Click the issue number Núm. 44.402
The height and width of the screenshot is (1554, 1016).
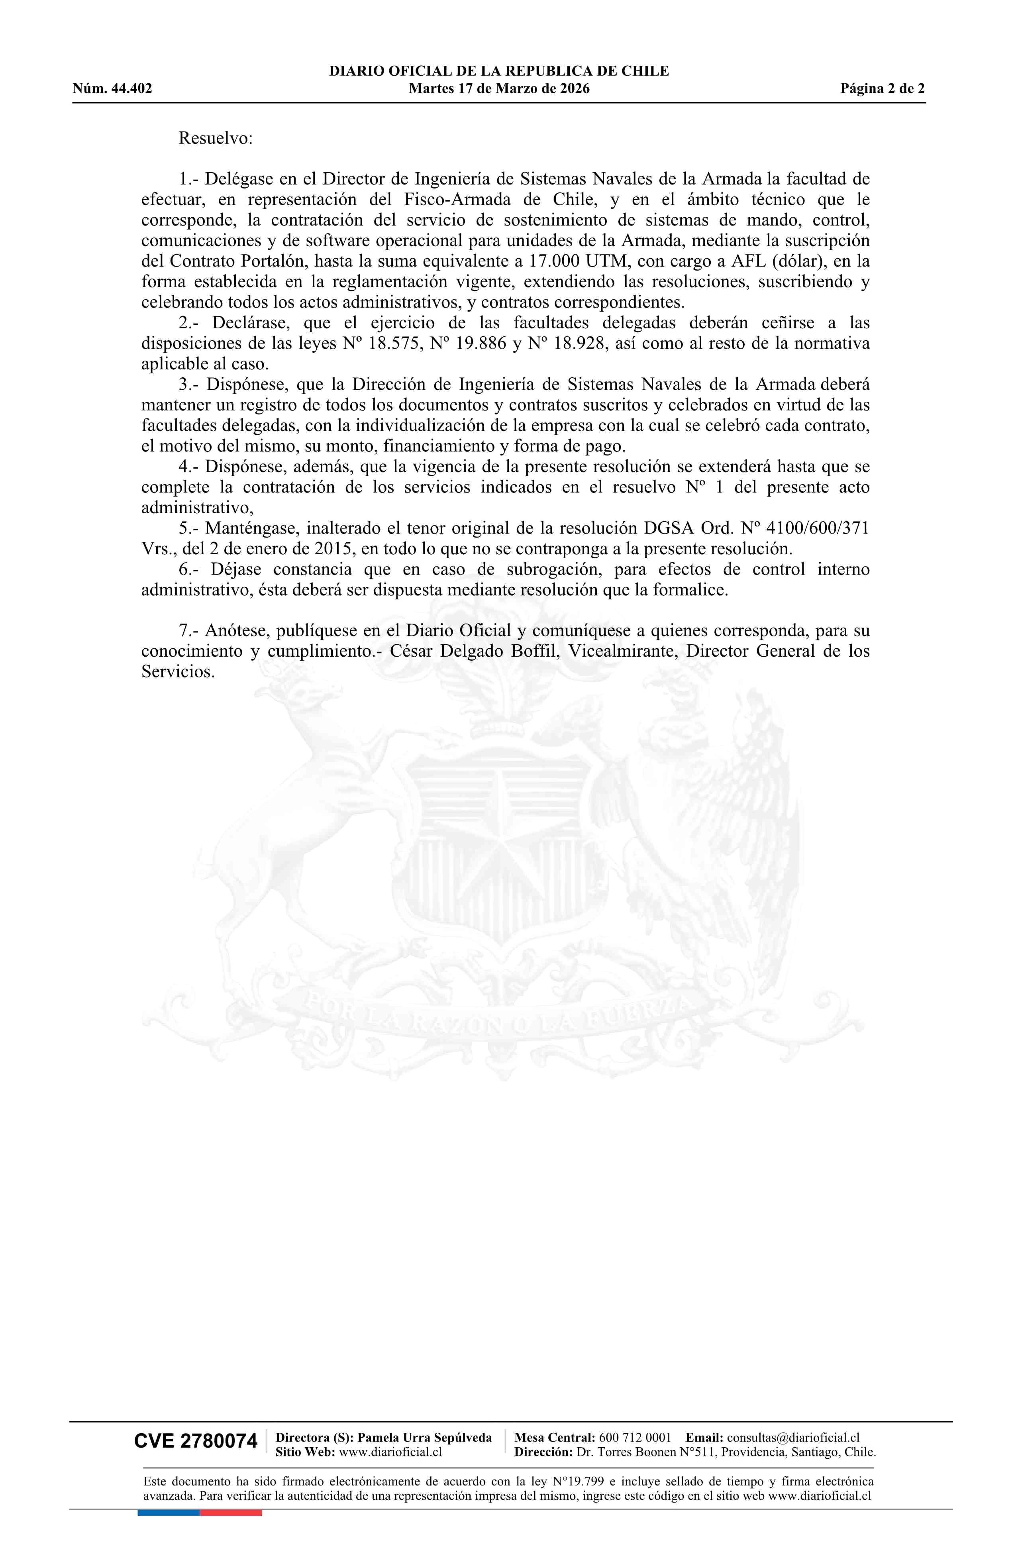(112, 89)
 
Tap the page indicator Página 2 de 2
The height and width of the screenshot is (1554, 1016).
(882, 89)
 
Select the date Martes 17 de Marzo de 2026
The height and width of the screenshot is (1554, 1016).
(499, 89)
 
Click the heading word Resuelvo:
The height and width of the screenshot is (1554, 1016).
(216, 138)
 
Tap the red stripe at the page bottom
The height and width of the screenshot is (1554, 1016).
(231, 1512)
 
